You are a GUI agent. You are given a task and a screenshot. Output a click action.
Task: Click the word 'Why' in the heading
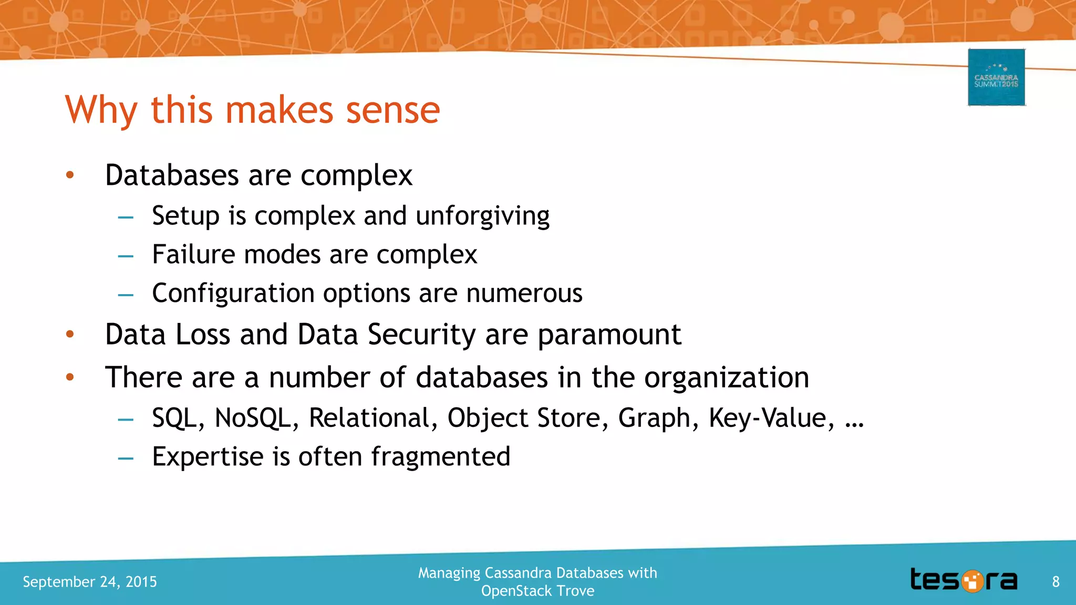101,111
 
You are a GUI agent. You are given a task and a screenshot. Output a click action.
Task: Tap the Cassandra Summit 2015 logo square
996,78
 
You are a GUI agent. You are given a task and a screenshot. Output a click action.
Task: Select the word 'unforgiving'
482,216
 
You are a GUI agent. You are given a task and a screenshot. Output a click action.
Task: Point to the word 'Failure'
193,255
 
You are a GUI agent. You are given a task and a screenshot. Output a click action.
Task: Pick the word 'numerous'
524,294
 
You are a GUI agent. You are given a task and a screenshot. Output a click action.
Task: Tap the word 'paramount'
609,336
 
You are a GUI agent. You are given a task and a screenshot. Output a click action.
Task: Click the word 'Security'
421,335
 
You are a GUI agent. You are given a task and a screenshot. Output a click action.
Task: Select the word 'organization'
727,378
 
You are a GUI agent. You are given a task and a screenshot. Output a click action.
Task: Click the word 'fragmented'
441,456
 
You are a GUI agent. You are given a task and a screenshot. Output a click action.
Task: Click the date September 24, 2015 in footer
90,582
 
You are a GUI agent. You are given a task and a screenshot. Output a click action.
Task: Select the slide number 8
1056,582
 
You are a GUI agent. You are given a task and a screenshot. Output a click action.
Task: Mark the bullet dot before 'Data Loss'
70,334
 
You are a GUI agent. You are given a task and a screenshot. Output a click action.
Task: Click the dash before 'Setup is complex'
126,217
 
